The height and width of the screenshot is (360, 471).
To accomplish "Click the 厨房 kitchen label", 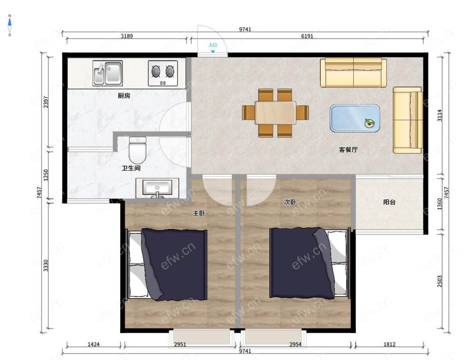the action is click(124, 96).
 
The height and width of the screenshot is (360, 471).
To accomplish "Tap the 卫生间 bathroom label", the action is click(131, 168).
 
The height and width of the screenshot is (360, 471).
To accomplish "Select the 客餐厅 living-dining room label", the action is click(348, 150).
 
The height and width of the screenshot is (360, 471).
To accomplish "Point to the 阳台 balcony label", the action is click(390, 202).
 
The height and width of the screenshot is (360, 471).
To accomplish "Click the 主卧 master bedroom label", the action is click(199, 213).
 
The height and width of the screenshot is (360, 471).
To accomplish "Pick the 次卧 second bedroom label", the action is click(290, 202).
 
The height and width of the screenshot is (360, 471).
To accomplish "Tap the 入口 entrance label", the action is click(213, 45).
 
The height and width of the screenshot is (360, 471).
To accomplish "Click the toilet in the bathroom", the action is click(138, 150).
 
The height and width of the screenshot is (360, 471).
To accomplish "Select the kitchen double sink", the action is click(107, 73).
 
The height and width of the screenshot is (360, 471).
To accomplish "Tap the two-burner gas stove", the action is click(163, 73).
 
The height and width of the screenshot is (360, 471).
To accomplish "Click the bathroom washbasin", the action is click(157, 188).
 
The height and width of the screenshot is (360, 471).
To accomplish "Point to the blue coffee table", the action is click(355, 118).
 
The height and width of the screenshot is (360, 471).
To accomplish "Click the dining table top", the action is click(276, 113).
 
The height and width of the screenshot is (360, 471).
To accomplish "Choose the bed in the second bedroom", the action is click(310, 263).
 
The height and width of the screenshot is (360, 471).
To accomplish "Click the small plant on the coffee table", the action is click(370, 123).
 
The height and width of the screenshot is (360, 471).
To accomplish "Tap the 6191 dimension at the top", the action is click(307, 36).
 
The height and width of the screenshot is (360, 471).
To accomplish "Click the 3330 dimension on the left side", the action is click(46, 266).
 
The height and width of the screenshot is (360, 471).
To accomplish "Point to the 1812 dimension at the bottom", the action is click(390, 344).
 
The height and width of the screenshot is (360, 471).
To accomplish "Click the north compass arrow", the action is click(9, 23).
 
